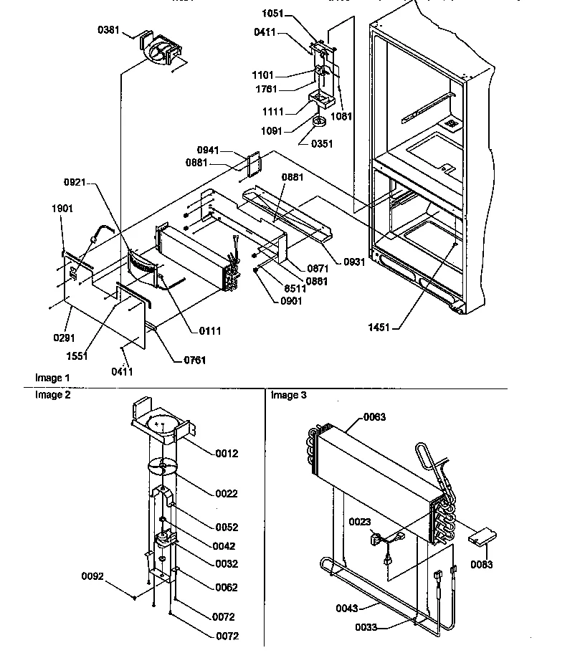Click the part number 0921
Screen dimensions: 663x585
(x=75, y=183)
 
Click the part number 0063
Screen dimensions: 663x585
(x=374, y=417)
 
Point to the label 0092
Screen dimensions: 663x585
(x=92, y=574)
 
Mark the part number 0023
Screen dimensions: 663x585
(x=361, y=521)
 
